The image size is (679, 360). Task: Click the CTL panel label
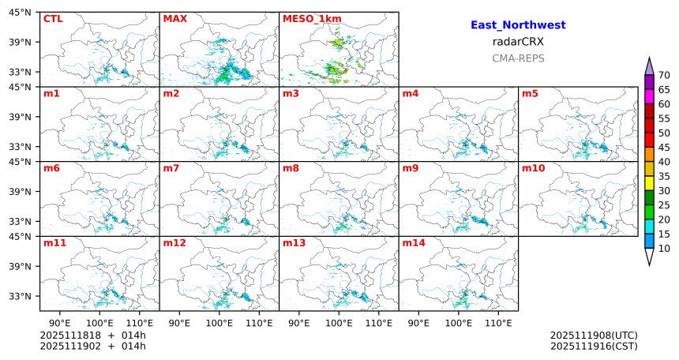(53, 18)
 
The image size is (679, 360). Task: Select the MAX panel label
(174, 18)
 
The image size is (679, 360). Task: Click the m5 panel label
(530, 94)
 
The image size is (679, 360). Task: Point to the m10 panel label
(533, 168)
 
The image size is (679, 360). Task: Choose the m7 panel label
(171, 168)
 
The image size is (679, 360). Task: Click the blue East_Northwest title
(518, 25)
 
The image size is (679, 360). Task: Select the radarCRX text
(518, 42)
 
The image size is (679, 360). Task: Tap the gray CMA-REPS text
(518, 58)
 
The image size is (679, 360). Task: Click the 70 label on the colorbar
(664, 75)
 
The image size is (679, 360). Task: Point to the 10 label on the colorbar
(664, 249)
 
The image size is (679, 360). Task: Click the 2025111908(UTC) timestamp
(594, 336)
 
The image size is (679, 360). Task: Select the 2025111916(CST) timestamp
(594, 346)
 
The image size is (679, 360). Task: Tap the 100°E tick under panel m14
(459, 323)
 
